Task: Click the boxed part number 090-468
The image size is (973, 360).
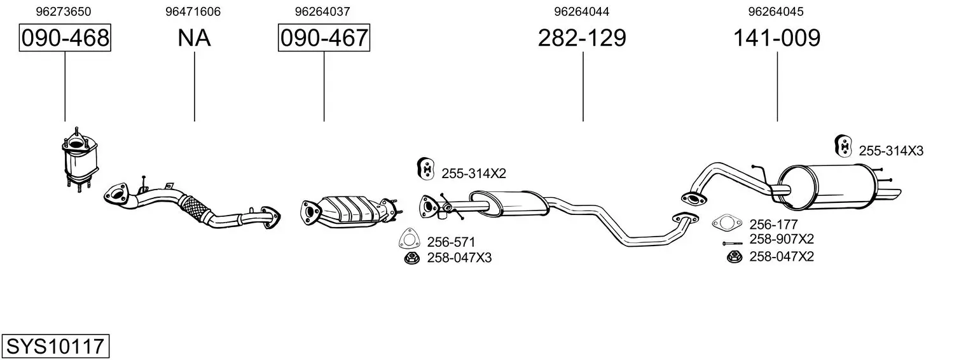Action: click(x=65, y=38)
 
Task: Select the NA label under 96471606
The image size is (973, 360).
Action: click(x=194, y=38)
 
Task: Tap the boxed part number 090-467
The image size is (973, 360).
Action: click(x=324, y=38)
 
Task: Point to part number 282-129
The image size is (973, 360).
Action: click(x=582, y=38)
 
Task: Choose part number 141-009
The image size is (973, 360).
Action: click(x=776, y=38)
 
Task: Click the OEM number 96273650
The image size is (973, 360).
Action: click(x=64, y=11)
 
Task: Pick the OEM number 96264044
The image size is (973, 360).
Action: click(x=582, y=11)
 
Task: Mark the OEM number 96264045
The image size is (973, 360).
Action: click(x=776, y=11)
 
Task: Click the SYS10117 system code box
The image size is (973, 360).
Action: click(x=55, y=346)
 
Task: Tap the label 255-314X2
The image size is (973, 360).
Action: click(x=474, y=174)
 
